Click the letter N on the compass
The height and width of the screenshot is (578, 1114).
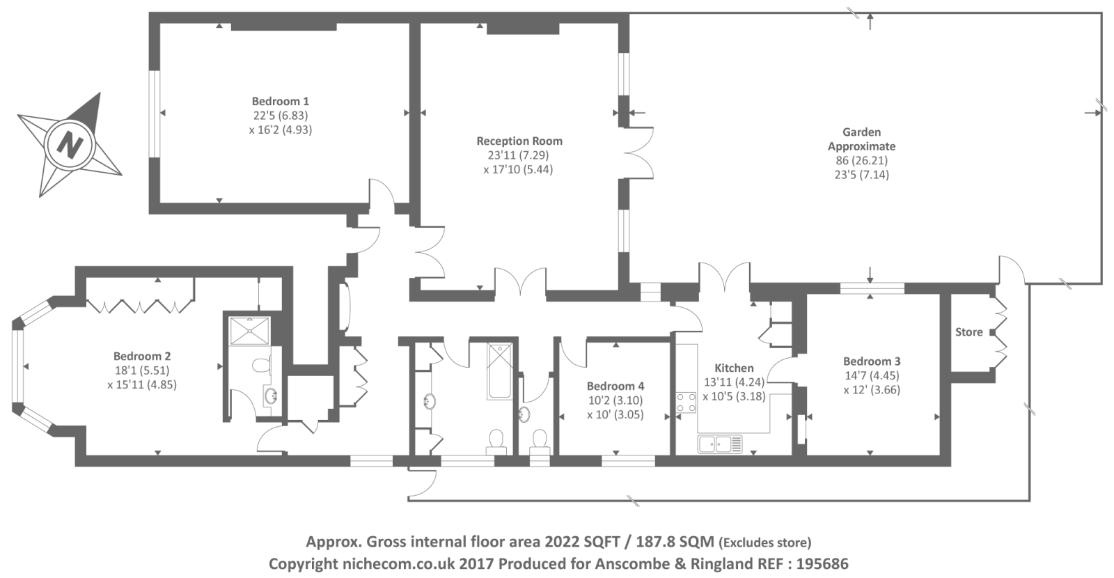pyautogui.click(x=70, y=145)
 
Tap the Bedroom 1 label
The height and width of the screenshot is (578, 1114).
pyautogui.click(x=281, y=102)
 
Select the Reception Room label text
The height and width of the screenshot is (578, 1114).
pyautogui.click(x=519, y=141)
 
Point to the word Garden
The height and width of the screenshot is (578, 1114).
pyautogui.click(x=861, y=132)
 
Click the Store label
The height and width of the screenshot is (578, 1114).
pyautogui.click(x=968, y=331)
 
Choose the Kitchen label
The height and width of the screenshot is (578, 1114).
pyautogui.click(x=734, y=368)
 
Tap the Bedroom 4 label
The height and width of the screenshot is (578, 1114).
pyautogui.click(x=615, y=386)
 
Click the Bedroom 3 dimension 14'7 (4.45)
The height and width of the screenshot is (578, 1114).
pyautogui.click(x=871, y=375)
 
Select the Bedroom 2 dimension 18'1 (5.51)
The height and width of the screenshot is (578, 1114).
pyautogui.click(x=142, y=370)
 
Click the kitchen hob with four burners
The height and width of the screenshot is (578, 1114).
pyautogui.click(x=687, y=403)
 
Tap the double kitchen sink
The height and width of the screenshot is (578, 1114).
pyautogui.click(x=720, y=444)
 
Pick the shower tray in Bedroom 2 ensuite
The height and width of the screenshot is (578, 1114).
pyautogui.click(x=250, y=331)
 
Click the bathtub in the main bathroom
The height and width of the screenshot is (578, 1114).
pyautogui.click(x=500, y=371)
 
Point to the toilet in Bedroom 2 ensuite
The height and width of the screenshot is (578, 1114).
pyautogui.click(x=262, y=366)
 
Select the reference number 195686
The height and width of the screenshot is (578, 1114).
pyautogui.click(x=822, y=564)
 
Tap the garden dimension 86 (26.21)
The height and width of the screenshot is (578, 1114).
pyautogui.click(x=861, y=161)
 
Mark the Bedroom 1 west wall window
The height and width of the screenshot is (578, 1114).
pyautogui.click(x=155, y=114)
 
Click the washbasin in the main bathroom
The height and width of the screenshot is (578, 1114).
pyautogui.click(x=430, y=401)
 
